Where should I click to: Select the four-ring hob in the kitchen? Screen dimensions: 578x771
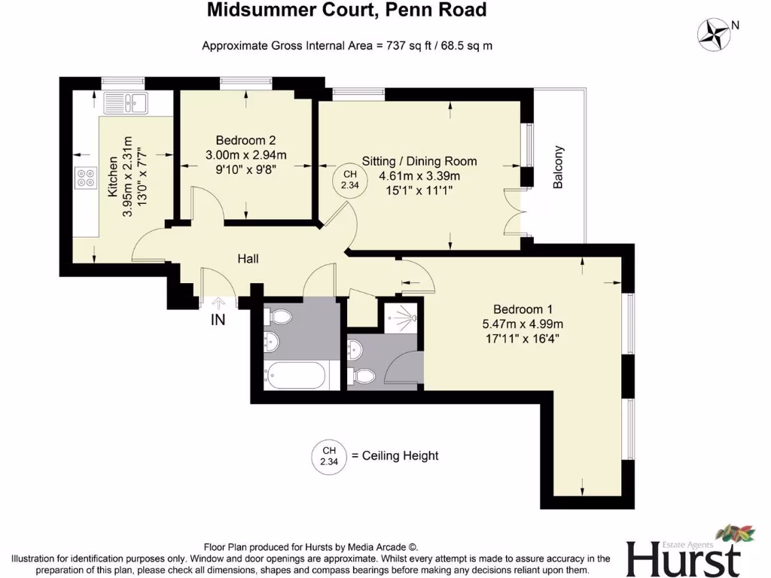click(86, 178)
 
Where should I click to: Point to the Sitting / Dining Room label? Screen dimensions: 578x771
click(419, 161)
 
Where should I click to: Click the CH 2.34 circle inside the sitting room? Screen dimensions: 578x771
click(349, 181)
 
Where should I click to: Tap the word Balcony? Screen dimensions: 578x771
click(559, 167)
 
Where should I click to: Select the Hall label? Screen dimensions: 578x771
click(248, 259)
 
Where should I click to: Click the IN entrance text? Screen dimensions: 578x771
click(218, 320)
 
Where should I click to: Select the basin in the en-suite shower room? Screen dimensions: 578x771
click(356, 348)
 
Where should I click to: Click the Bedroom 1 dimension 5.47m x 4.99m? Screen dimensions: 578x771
click(523, 324)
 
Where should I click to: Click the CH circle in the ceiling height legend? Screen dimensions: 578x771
click(329, 455)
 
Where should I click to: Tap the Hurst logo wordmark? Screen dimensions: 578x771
click(681, 558)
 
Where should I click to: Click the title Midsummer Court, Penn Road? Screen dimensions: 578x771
click(347, 11)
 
